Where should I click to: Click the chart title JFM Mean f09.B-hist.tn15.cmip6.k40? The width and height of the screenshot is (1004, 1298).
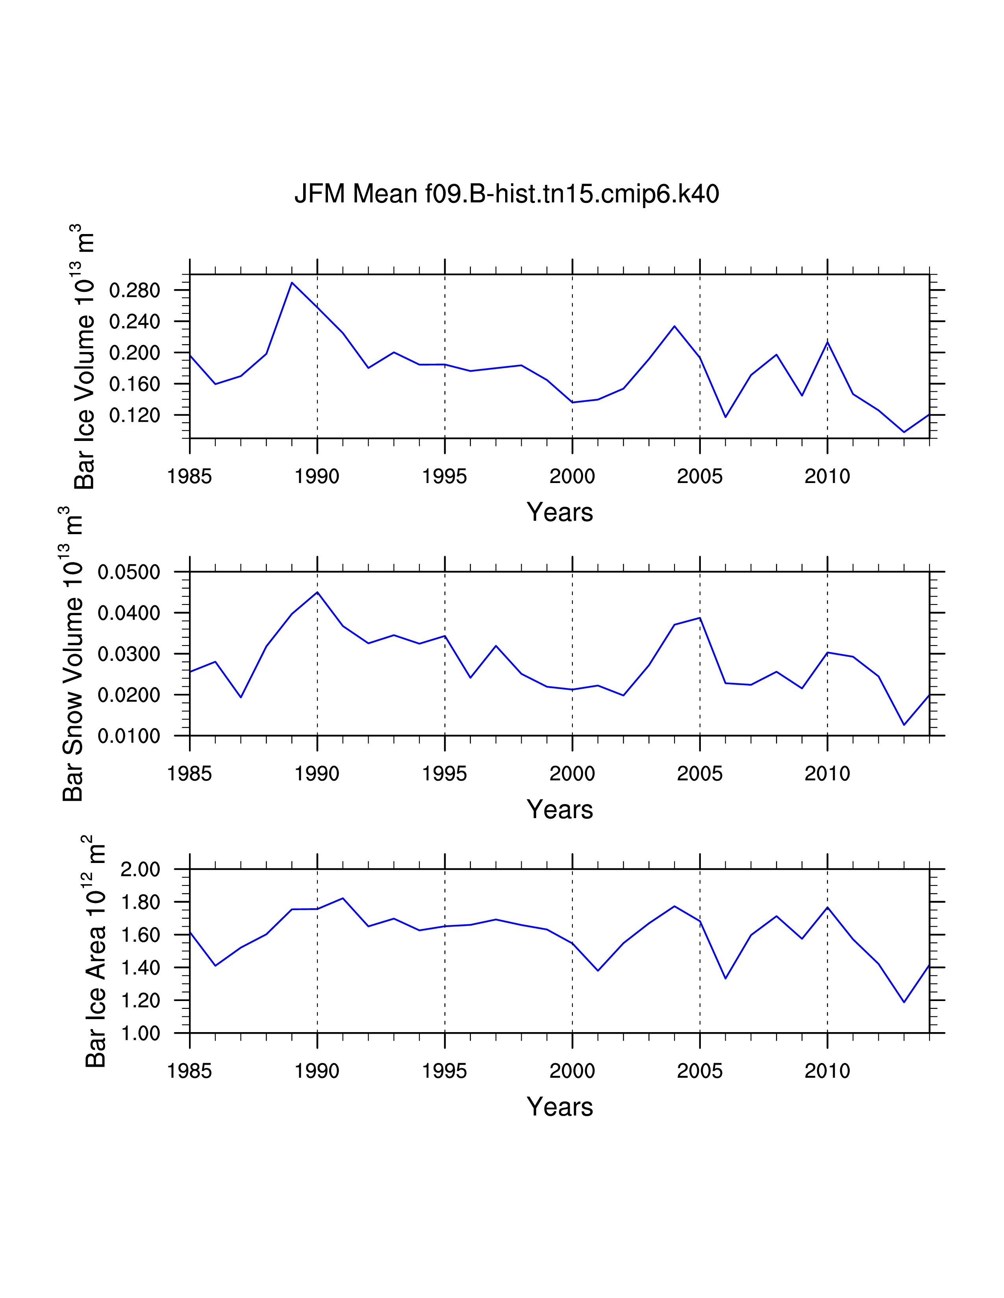(x=506, y=194)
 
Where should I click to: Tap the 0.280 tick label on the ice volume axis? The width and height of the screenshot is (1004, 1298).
(x=134, y=291)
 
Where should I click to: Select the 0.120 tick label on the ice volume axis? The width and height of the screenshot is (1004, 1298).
(x=134, y=415)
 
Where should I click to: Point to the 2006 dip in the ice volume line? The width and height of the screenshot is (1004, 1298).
(x=725, y=417)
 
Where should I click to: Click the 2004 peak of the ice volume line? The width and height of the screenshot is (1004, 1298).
(x=674, y=326)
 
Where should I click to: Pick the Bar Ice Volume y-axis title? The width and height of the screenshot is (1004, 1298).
(x=85, y=357)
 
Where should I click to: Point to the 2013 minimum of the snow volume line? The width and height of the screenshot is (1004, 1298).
(x=904, y=725)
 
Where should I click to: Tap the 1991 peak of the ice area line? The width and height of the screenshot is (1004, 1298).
(x=343, y=898)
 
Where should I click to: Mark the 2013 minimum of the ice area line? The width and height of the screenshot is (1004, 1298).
(x=904, y=1002)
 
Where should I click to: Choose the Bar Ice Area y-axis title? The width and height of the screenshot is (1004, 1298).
(x=95, y=951)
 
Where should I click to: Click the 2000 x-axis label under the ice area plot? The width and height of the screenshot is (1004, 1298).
(x=572, y=1071)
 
